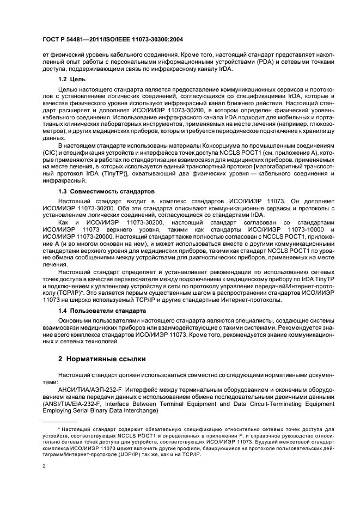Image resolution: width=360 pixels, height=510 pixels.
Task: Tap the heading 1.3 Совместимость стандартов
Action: [107, 191]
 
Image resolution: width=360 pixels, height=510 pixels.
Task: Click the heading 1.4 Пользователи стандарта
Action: [102, 311]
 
